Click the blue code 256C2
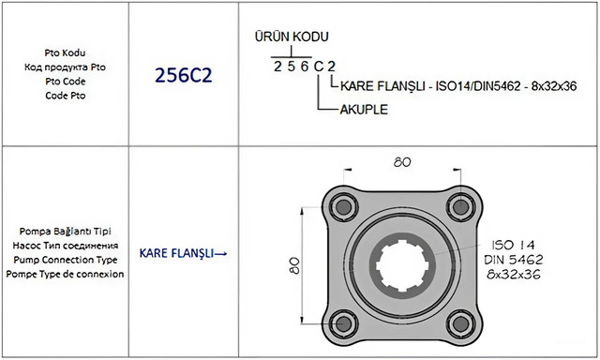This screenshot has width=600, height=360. [x=184, y=75]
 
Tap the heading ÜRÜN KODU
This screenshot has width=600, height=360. [x=292, y=37]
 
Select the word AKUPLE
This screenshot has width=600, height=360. [x=364, y=110]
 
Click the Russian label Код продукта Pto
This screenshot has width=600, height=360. [x=65, y=67]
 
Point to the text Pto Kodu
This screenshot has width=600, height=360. [x=65, y=52]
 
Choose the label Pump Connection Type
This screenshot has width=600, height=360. [x=66, y=260]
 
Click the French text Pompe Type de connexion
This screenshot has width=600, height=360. [x=65, y=274]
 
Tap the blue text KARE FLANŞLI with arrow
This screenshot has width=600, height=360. [x=183, y=253]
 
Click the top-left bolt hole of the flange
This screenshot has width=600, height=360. [x=343, y=207]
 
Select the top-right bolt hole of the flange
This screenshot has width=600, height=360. [x=460, y=207]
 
